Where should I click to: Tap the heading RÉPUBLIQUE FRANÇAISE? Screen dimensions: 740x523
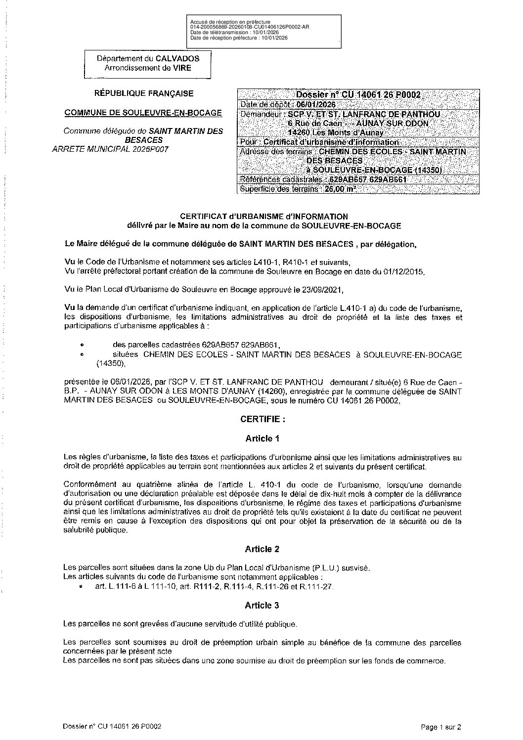pyautogui.click(x=144, y=93)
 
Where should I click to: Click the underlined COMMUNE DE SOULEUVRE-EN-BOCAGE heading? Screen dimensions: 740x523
pyautogui.click(x=143, y=113)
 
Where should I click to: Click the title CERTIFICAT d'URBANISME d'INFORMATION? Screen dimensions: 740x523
pyautogui.click(x=263, y=216)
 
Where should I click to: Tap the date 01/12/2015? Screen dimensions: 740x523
pyautogui.click(x=406, y=272)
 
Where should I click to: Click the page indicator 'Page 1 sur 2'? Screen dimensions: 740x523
pyautogui.click(x=441, y=727)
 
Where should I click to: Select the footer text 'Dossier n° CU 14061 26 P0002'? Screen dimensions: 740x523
pyautogui.click(x=112, y=727)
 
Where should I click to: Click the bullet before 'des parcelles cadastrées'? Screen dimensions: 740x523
pyautogui.click(x=82, y=345)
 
